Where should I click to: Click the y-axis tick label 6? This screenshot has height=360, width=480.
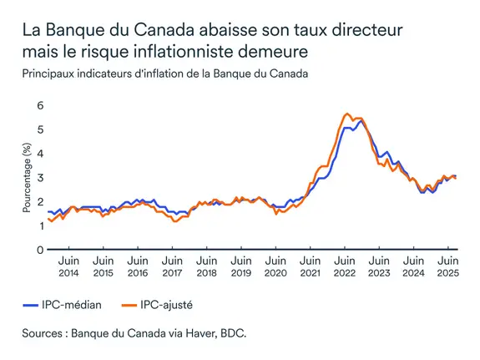[x=38, y=105]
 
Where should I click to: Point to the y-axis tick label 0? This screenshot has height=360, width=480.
[x=38, y=250]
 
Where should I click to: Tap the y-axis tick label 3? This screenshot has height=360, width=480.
[x=38, y=178]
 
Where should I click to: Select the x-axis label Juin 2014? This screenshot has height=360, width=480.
[x=70, y=266]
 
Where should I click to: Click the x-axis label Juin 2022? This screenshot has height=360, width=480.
[x=344, y=266]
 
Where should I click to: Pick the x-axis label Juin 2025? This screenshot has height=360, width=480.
[x=447, y=266]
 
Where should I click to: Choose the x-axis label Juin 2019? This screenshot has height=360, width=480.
[x=241, y=266]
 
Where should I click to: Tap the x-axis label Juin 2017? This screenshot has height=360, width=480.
[x=173, y=266]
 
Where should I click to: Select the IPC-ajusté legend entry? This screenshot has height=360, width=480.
[x=169, y=304]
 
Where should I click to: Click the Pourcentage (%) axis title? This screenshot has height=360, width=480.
[x=26, y=177]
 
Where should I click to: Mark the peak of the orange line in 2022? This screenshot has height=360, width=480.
[x=346, y=114]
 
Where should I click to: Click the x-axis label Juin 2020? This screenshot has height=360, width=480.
[x=275, y=266]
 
